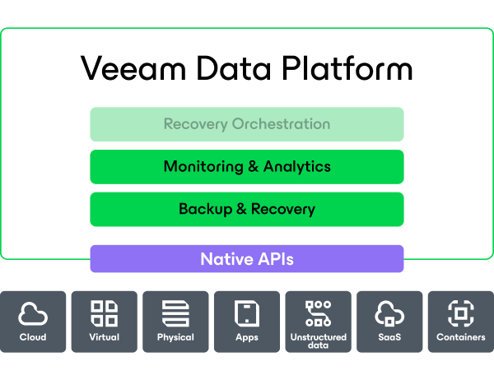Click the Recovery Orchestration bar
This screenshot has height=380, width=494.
click(247, 124)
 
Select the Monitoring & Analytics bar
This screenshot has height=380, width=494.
click(247, 167)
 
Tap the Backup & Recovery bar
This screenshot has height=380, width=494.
click(247, 209)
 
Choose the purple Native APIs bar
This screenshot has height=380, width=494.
click(247, 259)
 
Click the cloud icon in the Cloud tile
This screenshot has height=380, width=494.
click(33, 313)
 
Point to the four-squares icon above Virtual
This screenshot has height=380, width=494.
click(104, 313)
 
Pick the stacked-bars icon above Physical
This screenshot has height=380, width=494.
click(175, 313)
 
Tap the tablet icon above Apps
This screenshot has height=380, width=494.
click(247, 313)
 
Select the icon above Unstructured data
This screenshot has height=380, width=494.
click(318, 313)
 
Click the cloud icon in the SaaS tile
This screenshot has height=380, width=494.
click(389, 313)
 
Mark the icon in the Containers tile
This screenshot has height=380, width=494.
click(461, 313)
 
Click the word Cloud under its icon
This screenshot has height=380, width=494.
click(33, 337)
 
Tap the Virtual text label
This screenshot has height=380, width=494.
click(104, 337)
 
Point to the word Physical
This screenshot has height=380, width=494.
click(175, 337)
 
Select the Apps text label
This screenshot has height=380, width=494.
click(247, 337)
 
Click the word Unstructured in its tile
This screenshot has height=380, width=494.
click(318, 336)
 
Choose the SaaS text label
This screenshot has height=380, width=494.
click(389, 337)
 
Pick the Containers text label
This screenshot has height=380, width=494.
click(461, 337)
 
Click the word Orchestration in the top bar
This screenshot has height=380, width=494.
click(281, 124)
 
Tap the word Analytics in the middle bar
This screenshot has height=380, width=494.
click(296, 167)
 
